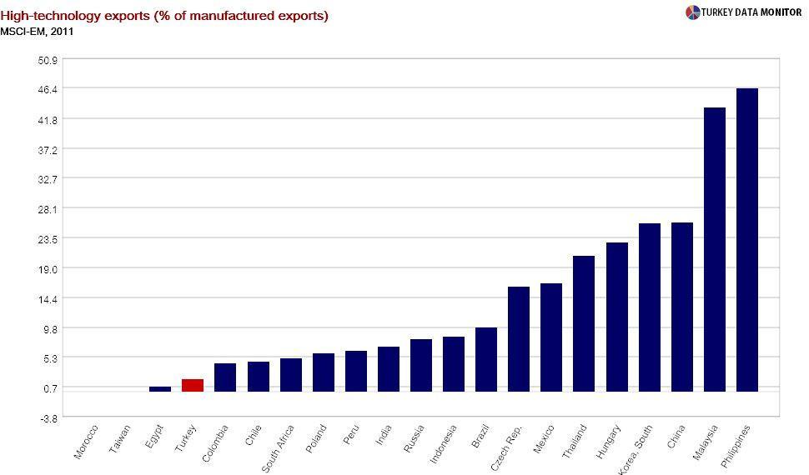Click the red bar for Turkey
point(193,385)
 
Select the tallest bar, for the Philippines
point(747,240)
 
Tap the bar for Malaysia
point(715,250)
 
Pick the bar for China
point(682,307)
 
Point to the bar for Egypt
point(160,389)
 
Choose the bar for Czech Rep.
point(519,339)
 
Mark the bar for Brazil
point(486,359)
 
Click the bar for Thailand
point(584,323)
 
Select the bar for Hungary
point(617,317)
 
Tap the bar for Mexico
point(551,337)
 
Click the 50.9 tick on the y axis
point(48,60)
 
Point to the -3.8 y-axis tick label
point(48,418)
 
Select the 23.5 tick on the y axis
point(48,239)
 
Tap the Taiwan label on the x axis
point(121,439)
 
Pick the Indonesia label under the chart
point(445,445)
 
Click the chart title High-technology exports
point(164,16)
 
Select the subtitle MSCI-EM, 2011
point(38,32)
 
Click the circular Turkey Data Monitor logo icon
point(693,12)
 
